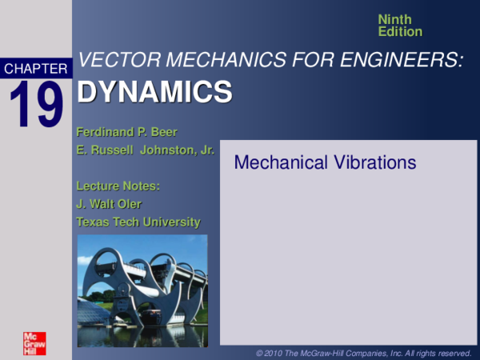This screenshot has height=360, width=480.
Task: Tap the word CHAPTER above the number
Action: tap(36, 70)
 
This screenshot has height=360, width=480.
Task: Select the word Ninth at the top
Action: tap(395, 19)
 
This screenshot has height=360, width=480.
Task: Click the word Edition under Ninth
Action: tap(400, 31)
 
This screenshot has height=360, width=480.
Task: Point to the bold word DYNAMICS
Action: tap(154, 93)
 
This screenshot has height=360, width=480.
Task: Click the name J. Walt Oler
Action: tap(109, 204)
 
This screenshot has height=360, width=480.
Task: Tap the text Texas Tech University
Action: tap(138, 222)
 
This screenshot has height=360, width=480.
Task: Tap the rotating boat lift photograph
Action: tap(142, 290)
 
